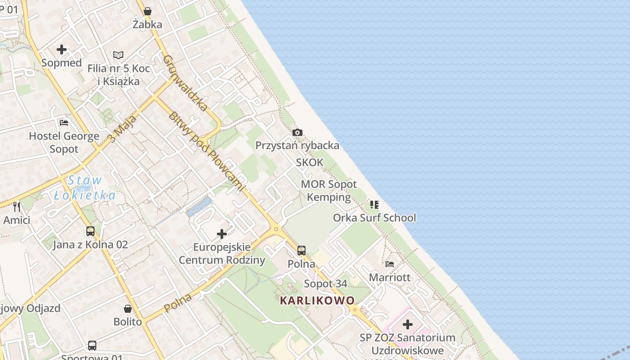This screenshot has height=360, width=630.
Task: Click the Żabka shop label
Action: [x=147, y=24]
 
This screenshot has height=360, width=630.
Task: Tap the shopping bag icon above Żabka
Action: [x=147, y=11]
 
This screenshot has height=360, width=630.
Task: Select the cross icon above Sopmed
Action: [x=62, y=49]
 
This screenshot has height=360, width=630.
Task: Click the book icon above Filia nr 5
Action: [x=118, y=55]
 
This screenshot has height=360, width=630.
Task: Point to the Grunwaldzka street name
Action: [x=185, y=83]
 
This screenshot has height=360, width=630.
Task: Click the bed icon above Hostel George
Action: [x=64, y=122]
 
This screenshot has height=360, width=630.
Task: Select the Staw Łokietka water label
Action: [x=85, y=188]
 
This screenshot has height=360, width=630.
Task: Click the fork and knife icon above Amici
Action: [x=17, y=207]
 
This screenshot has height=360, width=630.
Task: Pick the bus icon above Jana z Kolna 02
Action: [x=90, y=231]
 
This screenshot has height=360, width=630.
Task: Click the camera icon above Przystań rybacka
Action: [x=297, y=132]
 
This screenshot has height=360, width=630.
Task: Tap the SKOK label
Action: [x=310, y=162]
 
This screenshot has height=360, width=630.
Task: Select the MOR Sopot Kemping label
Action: [x=328, y=190]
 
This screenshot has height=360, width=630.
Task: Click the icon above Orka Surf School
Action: [x=374, y=205]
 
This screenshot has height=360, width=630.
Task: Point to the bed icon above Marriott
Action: [x=390, y=264]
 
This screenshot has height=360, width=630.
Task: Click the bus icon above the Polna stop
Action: [x=301, y=251]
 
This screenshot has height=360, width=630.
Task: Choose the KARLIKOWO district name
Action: [x=317, y=300]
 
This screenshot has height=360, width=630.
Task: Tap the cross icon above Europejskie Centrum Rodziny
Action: [x=222, y=234]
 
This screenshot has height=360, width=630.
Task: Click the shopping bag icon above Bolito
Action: [x=128, y=309]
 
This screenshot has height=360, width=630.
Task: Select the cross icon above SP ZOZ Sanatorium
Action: [x=408, y=324]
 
